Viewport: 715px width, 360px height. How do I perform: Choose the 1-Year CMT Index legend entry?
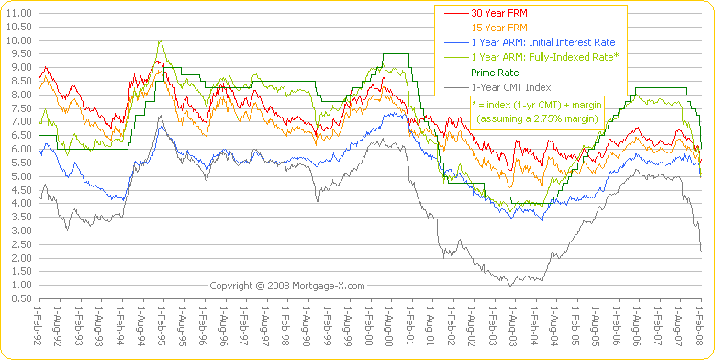(508, 87)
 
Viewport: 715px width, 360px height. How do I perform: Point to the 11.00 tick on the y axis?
(18, 13)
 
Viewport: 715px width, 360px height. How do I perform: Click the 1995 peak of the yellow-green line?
(161, 41)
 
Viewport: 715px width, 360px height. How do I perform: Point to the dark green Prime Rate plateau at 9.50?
(397, 54)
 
